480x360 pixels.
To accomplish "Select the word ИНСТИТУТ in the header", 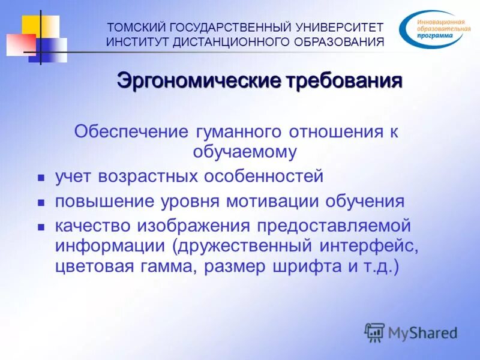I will pyautogui.click(x=136, y=41).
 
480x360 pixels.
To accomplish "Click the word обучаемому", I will pyautogui.click(x=244, y=152).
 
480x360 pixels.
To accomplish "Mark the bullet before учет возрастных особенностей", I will pyautogui.click(x=41, y=179).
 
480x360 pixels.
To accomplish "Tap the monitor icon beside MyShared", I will pyautogui.click(x=375, y=331).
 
